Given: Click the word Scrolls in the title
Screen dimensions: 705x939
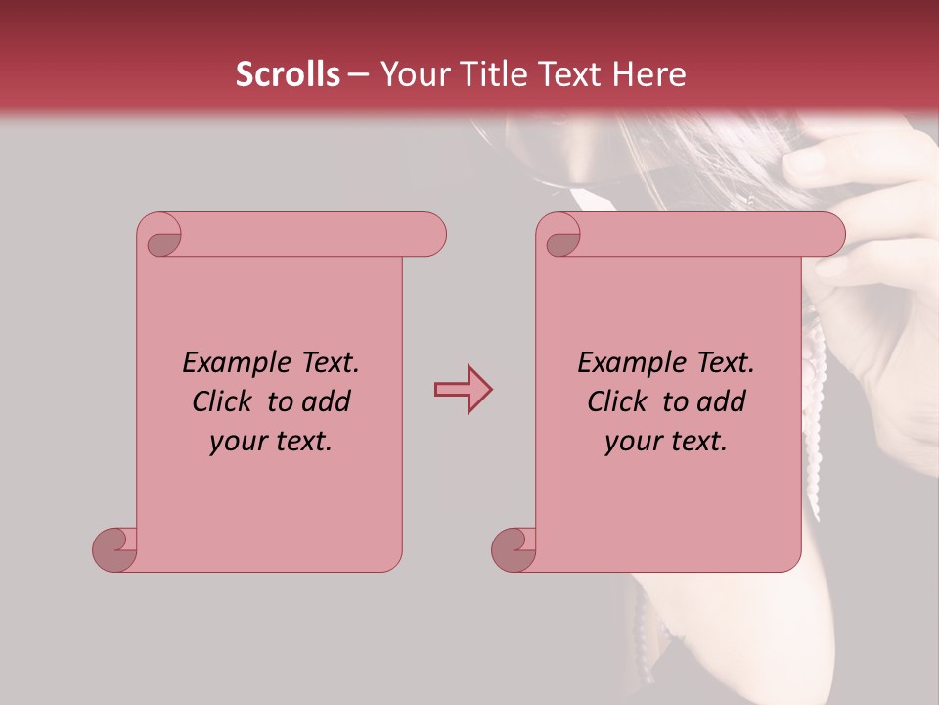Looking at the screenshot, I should coord(288,74).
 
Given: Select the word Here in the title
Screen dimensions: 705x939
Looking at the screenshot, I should coord(649,74).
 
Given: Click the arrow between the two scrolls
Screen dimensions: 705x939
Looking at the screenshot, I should coord(463,390).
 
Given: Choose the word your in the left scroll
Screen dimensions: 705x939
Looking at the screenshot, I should coord(237,441).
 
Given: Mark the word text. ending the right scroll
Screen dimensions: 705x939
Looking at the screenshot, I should coord(697,441).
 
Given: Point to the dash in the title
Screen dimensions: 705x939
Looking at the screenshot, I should coord(358,75).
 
